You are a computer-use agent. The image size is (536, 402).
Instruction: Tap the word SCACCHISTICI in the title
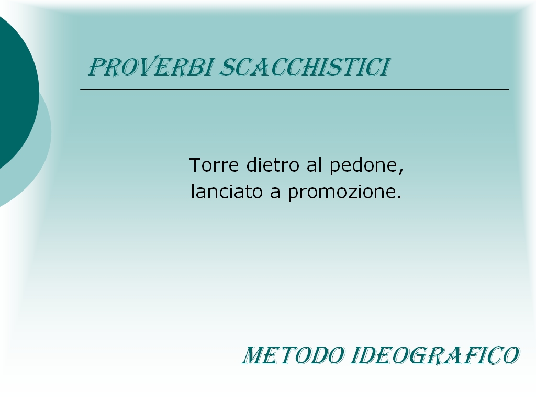[x=305, y=67]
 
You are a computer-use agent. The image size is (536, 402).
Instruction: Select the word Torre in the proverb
[x=214, y=165]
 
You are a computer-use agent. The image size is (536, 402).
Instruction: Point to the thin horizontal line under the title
[x=295, y=89]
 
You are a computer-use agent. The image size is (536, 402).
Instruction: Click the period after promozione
[x=399, y=197]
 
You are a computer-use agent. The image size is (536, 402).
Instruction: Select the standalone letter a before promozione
[x=275, y=194]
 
